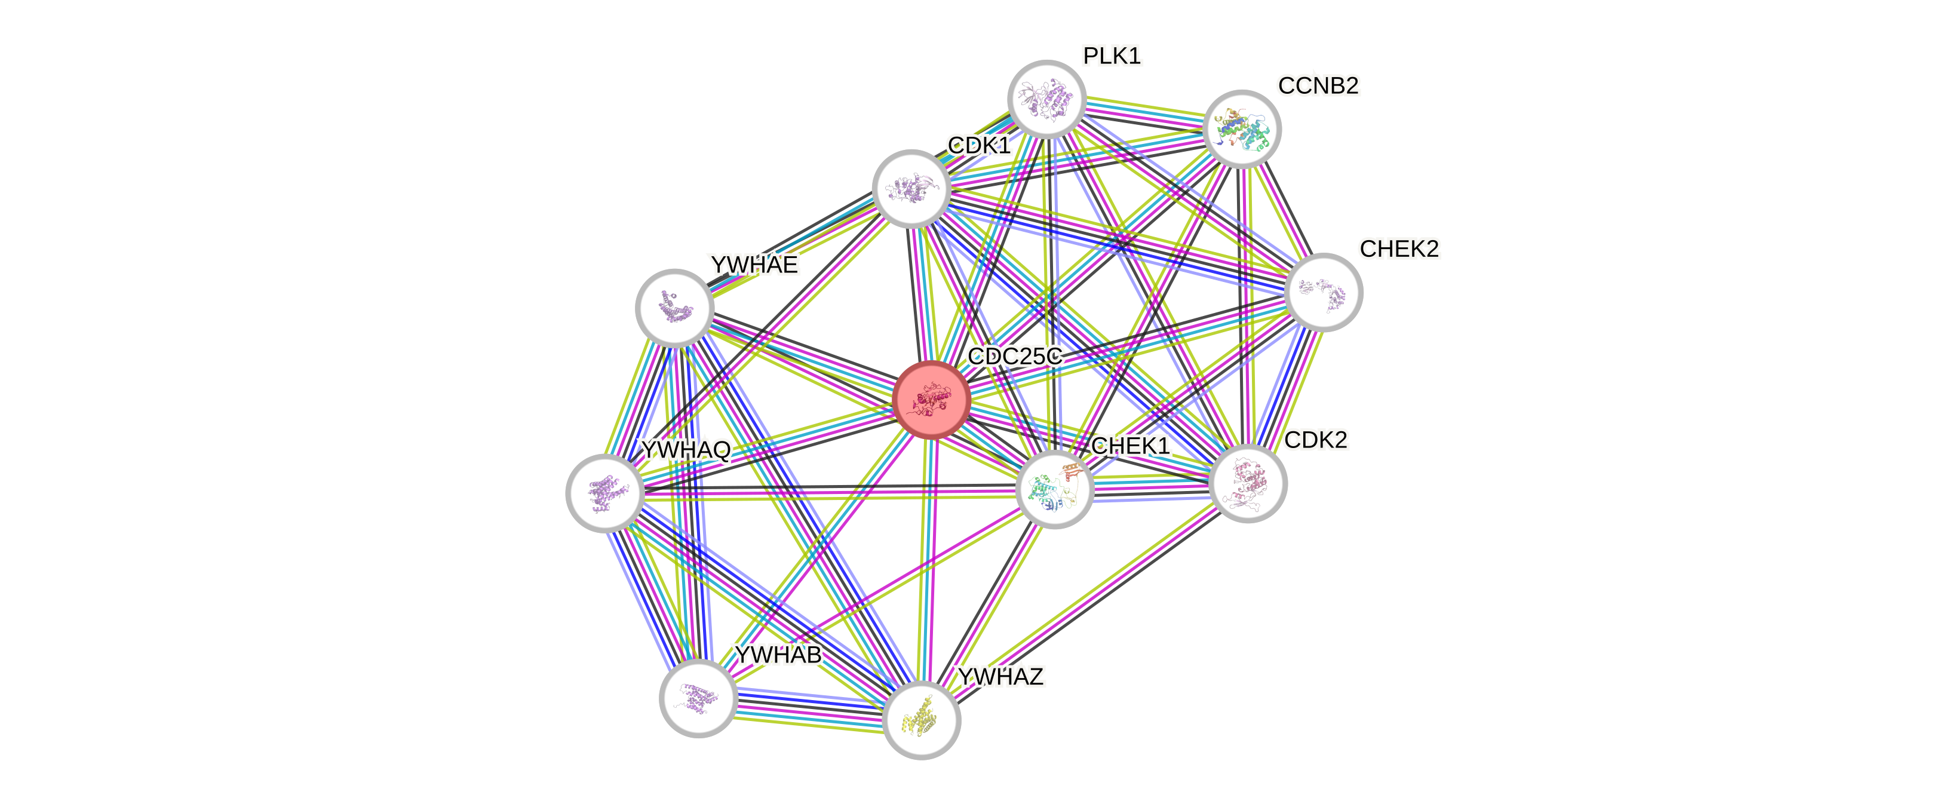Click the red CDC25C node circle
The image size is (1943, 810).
click(931, 399)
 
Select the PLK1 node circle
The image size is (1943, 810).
click(1046, 99)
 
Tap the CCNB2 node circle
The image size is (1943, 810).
click(1242, 129)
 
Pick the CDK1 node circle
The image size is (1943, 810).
click(910, 188)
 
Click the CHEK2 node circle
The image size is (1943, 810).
click(1323, 292)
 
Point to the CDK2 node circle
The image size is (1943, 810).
click(1248, 483)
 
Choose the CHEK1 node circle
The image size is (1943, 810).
click(1054, 489)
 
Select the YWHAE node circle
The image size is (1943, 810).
click(674, 308)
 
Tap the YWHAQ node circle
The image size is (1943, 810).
click(604, 493)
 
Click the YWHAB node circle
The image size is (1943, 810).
click(698, 698)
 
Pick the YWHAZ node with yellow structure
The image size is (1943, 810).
click(921, 720)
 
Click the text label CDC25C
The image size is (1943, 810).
click(1014, 356)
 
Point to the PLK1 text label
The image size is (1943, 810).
click(1112, 56)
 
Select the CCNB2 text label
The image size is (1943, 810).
click(1318, 86)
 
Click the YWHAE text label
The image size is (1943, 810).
click(754, 265)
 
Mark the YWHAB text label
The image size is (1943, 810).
click(778, 655)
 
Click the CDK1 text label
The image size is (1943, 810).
click(979, 145)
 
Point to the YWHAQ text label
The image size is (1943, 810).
click(686, 449)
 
